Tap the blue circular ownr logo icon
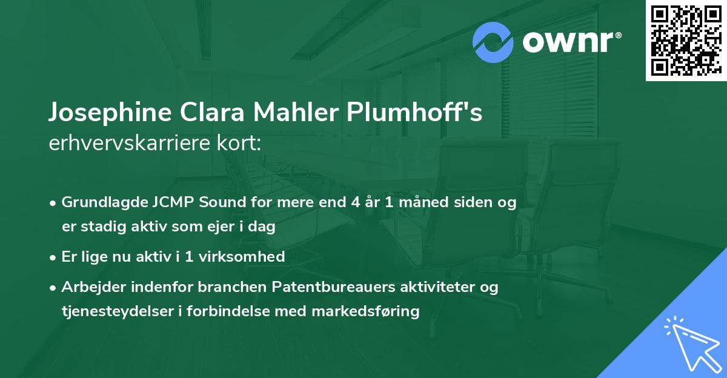(493, 42)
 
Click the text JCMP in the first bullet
(165, 203)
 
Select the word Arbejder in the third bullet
(90, 287)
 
